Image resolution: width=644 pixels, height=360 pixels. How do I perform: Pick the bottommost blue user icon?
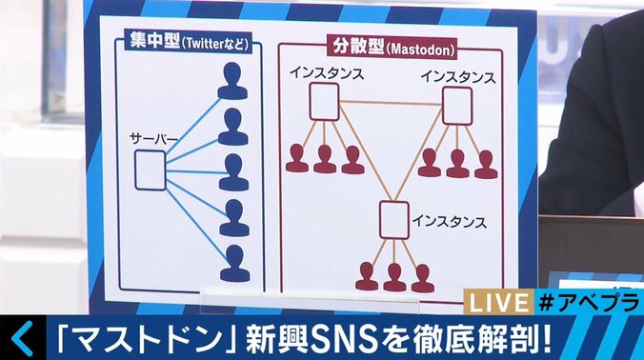233,264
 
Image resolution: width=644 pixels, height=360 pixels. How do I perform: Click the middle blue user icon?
233,172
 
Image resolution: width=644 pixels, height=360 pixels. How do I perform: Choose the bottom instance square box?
394,218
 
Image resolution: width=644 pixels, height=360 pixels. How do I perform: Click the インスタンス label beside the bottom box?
450,222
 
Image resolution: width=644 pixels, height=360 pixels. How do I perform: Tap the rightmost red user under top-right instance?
486,165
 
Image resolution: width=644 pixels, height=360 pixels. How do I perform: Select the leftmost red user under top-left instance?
297,158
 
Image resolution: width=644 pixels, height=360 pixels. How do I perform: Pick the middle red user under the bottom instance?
394,276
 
